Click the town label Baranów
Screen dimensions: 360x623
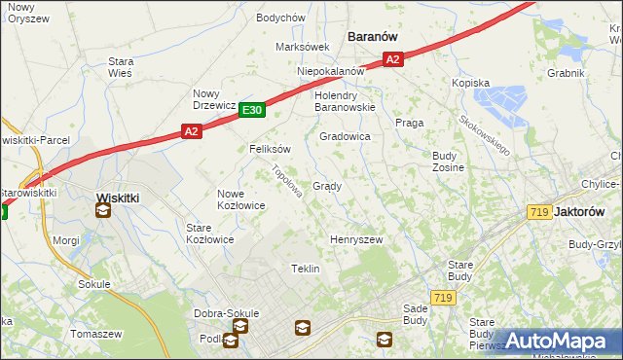pos(373,36)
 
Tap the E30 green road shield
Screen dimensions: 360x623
pos(252,111)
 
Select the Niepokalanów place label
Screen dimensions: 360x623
pos(331,71)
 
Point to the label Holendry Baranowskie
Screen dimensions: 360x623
pos(345,101)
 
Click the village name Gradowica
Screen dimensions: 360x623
pos(345,137)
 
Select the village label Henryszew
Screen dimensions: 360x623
pos(356,239)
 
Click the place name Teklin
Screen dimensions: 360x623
pos(306,269)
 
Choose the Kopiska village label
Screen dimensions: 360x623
pos(470,84)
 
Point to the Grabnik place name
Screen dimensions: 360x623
pos(566,73)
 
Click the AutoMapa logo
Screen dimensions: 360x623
pos(557,342)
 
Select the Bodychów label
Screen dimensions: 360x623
pos(281,18)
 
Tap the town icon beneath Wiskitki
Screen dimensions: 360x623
pos(103,209)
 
